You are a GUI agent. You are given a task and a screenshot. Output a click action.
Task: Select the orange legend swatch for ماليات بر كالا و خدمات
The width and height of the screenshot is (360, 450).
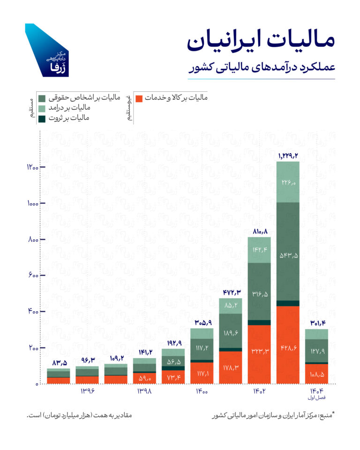pyautogui.click(x=139, y=98)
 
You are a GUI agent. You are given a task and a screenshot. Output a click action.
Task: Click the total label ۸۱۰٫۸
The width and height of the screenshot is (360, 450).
pyautogui.click(x=259, y=231)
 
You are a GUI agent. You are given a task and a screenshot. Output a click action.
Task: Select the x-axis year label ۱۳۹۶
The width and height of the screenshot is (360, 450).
pyautogui.click(x=88, y=391)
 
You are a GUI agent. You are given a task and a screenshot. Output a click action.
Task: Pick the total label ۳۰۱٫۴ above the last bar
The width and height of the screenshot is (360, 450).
pyautogui.click(x=316, y=323)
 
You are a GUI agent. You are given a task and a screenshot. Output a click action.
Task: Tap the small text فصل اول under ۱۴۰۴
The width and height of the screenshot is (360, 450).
pyautogui.click(x=316, y=398)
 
